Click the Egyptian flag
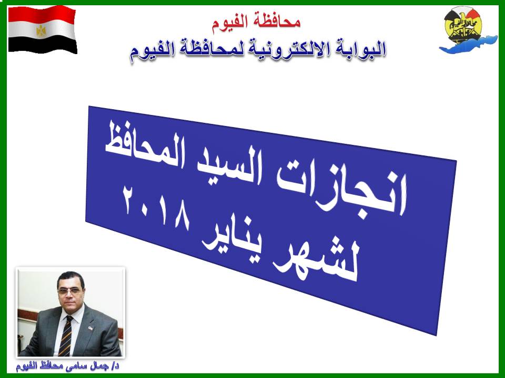pos(43,29)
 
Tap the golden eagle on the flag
pos(41,31)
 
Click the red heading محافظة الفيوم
pos(256,22)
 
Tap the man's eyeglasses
pos(69,291)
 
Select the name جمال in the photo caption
pos(94,366)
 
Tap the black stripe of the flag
pos(43,44)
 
